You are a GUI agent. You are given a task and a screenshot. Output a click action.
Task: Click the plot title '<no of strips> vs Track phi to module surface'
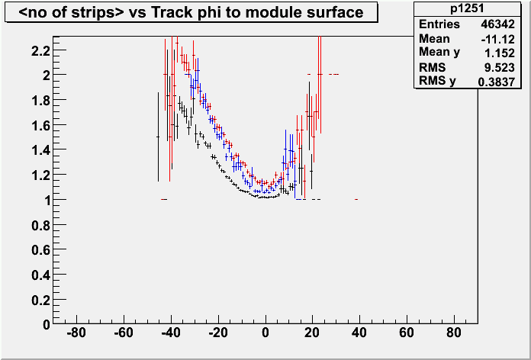click(x=190, y=13)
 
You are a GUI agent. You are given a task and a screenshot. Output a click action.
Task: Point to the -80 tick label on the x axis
click(x=76, y=334)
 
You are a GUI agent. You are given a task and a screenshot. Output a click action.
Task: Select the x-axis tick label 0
click(x=265, y=334)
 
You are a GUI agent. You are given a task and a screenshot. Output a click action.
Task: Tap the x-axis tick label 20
click(x=313, y=334)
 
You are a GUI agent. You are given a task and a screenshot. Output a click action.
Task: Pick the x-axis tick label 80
click(x=455, y=334)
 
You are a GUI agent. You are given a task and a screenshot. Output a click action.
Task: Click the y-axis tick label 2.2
click(x=41, y=50)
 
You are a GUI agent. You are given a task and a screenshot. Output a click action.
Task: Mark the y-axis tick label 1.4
click(x=41, y=150)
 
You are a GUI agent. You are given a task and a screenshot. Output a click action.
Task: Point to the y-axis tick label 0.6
click(x=41, y=249)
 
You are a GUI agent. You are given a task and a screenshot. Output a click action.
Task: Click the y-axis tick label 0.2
click(x=41, y=299)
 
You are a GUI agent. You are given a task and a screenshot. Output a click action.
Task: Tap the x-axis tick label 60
click(x=407, y=334)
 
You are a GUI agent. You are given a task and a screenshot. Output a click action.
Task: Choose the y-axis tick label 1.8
click(x=41, y=100)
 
